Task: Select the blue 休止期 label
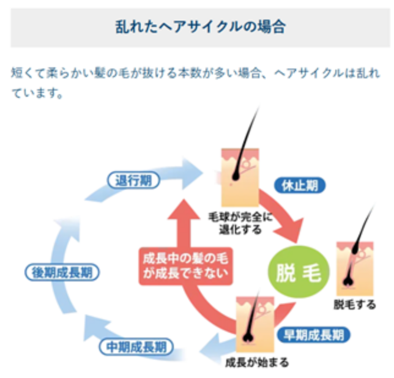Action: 299,185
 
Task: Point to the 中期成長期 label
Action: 136,347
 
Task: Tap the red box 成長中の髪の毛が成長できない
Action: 184,264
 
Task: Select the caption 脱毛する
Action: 355,304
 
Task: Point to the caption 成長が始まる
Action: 257,362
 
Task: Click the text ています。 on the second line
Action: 38,95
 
